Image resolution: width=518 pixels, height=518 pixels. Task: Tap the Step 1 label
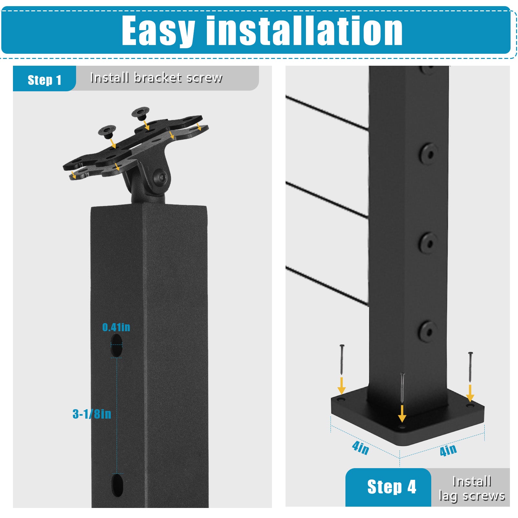[44, 80]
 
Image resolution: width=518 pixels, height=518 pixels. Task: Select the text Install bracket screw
[156, 78]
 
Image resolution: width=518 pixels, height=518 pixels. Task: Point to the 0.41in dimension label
[116, 327]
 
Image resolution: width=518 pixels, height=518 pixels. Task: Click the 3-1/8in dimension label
[92, 414]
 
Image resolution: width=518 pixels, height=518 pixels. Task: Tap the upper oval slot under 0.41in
[117, 345]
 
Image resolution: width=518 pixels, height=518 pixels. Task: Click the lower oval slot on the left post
[117, 485]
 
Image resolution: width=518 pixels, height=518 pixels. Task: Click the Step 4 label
[392, 487]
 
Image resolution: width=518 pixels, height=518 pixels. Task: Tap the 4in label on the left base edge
[360, 448]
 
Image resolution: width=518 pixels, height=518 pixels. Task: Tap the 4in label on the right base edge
[448, 450]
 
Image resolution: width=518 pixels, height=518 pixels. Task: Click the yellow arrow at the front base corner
[402, 413]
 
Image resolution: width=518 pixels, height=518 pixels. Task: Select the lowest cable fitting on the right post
[428, 331]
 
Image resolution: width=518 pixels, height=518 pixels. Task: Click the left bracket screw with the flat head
[107, 131]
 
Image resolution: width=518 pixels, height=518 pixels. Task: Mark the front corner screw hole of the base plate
[402, 427]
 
